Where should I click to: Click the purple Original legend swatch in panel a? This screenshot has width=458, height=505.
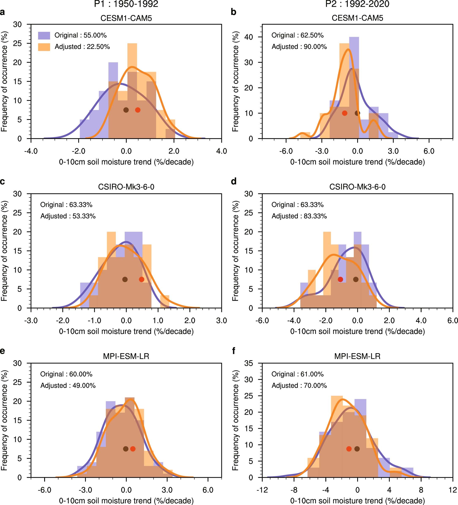(x=44, y=35)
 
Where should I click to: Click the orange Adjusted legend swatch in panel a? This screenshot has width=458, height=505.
(x=44, y=47)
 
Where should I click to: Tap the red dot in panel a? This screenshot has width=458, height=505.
(x=138, y=110)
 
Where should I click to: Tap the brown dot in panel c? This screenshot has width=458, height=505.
(x=125, y=279)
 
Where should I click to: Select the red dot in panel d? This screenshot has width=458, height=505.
(x=340, y=279)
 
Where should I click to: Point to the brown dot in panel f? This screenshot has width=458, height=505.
(x=357, y=449)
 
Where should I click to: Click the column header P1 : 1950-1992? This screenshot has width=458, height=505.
(x=126, y=4)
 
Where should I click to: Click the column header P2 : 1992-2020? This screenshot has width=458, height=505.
(x=357, y=4)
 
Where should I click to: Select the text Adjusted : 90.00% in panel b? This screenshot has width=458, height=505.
(x=299, y=47)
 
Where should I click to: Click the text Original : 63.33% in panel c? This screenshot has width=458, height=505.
(x=66, y=205)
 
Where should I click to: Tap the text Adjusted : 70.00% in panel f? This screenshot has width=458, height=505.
(x=299, y=385)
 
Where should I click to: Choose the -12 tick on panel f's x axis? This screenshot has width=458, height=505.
(x=262, y=490)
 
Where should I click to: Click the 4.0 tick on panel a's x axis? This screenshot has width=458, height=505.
(x=221, y=151)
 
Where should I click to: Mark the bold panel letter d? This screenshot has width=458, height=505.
(x=234, y=181)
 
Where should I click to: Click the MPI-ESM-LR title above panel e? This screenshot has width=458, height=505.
(x=126, y=356)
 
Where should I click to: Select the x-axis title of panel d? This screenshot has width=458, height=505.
(x=357, y=331)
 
